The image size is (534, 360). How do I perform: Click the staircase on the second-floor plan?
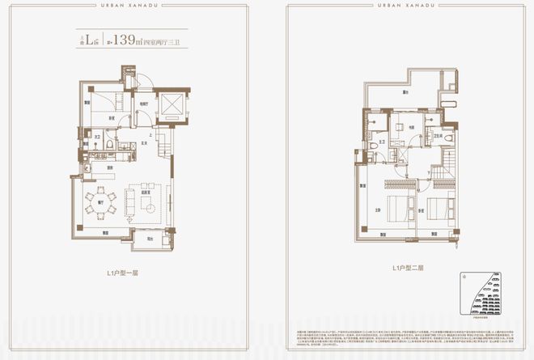[x=443, y=172]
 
